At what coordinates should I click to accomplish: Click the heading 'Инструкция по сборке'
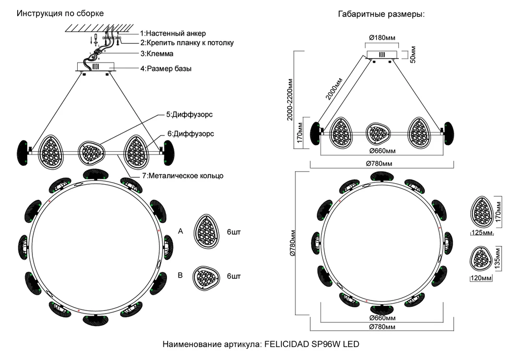60,13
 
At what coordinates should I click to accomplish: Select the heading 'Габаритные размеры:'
382,14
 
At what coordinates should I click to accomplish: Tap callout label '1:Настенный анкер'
173,33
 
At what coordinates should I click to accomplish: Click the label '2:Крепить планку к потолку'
186,43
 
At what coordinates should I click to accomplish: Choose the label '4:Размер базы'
165,68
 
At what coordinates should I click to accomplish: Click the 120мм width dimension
481,279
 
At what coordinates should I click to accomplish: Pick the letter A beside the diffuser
181,230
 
